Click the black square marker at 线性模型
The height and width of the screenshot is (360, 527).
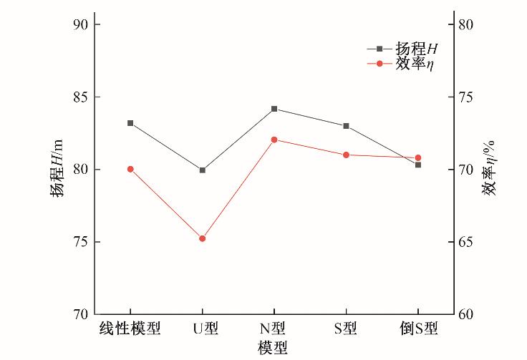pyautogui.click(x=130, y=123)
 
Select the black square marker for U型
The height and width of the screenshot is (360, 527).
pyautogui.click(x=203, y=170)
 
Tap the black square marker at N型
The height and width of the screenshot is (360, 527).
pyautogui.click(x=274, y=109)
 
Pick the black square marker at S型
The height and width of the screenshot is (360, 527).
pyautogui.click(x=346, y=126)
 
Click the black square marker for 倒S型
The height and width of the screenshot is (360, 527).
pyautogui.click(x=418, y=165)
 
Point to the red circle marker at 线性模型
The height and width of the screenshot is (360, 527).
pyautogui.click(x=130, y=169)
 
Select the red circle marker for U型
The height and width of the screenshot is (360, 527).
pyautogui.click(x=203, y=238)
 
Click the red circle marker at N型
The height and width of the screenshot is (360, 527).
pyautogui.click(x=274, y=140)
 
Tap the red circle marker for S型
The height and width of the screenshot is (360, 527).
pyautogui.click(x=346, y=155)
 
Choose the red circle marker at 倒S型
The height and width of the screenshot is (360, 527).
pyautogui.click(x=418, y=157)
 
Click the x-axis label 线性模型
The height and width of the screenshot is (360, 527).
pyautogui.click(x=130, y=329)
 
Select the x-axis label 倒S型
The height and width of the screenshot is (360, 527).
pyautogui.click(x=418, y=329)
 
